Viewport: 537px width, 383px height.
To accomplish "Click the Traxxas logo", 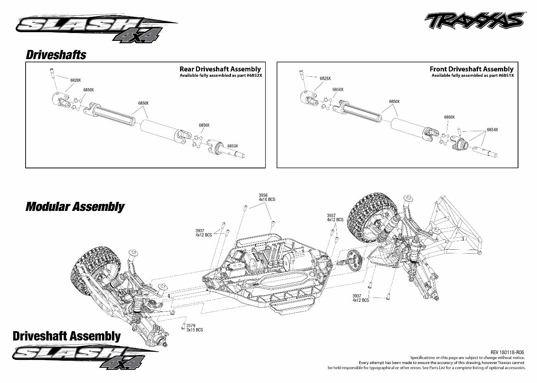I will coord(475,20).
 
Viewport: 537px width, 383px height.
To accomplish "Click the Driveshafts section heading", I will coord(56,54).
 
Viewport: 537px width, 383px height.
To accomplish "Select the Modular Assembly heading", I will coord(75,206).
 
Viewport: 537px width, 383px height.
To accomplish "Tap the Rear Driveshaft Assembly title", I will coord(220,69).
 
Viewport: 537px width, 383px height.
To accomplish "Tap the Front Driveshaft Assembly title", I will coord(471,69).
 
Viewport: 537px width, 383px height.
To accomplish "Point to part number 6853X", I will coord(233,146).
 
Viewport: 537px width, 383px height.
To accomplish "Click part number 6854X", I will coord(492,130).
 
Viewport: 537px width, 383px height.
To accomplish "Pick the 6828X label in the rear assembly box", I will coord(76,80).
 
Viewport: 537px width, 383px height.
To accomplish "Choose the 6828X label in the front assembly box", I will coord(325,78).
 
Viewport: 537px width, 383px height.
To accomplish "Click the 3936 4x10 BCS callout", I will coord(266,197).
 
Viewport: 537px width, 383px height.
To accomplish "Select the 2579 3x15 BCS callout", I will coord(194,328).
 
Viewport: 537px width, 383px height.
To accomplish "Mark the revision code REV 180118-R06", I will coord(508,352).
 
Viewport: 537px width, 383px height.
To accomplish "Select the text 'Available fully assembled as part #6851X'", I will coord(473,76).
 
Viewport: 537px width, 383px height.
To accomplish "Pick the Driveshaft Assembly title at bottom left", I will coord(67,336).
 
